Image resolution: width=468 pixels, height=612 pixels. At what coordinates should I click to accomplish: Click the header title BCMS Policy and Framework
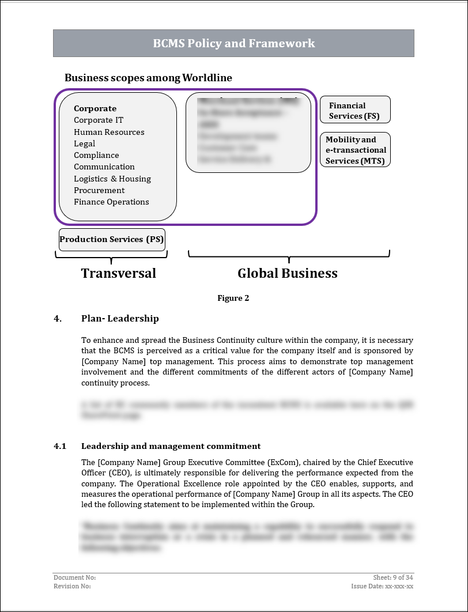(233, 43)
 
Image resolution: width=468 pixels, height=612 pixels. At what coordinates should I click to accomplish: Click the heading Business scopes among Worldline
(148, 77)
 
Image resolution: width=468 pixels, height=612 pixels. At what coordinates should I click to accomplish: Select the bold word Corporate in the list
(95, 108)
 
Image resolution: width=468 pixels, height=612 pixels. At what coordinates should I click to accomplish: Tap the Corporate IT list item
(99, 120)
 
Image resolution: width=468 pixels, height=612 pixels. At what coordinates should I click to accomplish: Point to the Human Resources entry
(109, 132)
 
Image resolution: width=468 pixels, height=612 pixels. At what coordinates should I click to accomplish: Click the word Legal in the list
(84, 143)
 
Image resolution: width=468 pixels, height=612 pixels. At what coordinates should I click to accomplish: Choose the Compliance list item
(96, 155)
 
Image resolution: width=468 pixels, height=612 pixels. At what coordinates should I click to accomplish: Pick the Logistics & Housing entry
(112, 179)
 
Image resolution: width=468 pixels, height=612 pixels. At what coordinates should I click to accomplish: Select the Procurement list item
(99, 190)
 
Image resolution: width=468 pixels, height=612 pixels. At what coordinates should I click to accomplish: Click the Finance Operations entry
(111, 202)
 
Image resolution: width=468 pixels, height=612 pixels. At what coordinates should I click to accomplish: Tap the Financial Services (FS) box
(355, 110)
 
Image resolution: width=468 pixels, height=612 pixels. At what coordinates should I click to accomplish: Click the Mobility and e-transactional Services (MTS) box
(355, 150)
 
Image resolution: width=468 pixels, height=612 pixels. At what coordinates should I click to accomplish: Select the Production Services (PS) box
(112, 239)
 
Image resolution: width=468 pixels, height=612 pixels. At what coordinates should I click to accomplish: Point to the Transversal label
(118, 273)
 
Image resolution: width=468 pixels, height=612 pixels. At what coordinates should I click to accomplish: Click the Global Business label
(288, 273)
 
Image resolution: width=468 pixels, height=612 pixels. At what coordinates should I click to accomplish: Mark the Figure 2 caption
(233, 298)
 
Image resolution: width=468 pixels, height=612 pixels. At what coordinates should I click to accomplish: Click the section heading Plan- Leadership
(120, 318)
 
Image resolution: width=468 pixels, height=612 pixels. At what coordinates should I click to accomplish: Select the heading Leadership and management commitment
(171, 446)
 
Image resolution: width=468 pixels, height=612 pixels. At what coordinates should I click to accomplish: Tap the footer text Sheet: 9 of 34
(393, 577)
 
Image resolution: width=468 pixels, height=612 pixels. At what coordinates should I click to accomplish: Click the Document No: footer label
(74, 577)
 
